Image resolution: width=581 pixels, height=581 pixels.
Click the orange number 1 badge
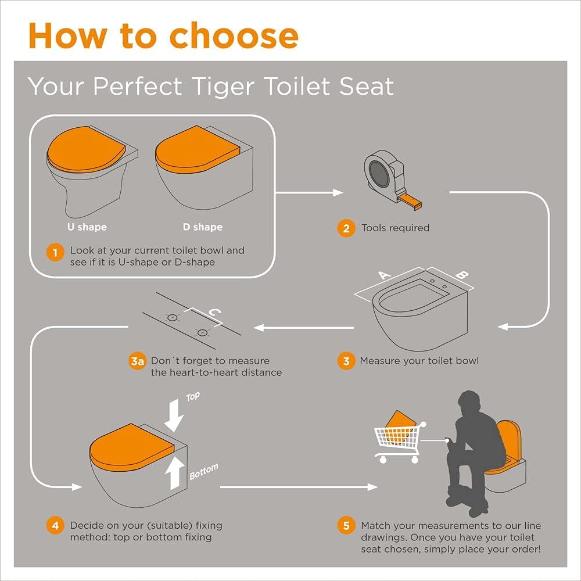pos(55,253)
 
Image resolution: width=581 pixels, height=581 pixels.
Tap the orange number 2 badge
pos(346,228)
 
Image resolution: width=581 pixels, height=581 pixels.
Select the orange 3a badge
pos(137,361)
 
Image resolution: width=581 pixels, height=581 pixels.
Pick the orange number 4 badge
pos(55,525)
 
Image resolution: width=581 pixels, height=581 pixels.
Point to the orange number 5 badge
pos(346,525)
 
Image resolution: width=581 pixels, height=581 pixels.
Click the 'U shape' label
pos(87,227)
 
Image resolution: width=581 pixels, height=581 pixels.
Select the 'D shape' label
pos(203,227)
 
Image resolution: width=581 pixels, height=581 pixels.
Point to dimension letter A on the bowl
pos(384,275)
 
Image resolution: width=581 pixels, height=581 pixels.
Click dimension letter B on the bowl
pos(462,275)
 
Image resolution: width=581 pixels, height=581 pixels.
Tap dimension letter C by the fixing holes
pos(215,313)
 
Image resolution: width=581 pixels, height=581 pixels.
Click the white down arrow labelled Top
pos(174,416)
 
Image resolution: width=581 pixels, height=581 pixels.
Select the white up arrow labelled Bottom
pos(174,473)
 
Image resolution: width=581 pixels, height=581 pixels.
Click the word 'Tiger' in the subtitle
pos(224,87)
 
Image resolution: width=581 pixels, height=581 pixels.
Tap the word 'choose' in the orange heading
pos(234,36)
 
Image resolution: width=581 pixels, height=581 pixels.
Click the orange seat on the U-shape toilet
pos(86,150)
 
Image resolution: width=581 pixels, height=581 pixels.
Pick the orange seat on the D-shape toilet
pos(197,150)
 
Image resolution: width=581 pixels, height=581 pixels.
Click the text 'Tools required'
pos(395,228)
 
